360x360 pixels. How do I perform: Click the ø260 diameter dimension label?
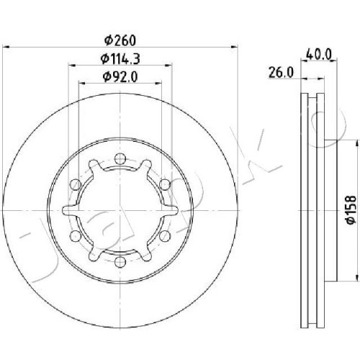120,40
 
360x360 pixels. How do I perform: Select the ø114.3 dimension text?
120,59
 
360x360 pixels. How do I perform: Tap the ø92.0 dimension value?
120,77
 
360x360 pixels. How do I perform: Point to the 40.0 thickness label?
319,54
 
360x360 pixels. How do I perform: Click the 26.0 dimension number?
281,73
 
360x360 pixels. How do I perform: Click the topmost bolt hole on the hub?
120,159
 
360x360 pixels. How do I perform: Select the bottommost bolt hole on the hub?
120,262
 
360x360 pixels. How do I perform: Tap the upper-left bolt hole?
75,184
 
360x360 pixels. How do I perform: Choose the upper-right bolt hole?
165,184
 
